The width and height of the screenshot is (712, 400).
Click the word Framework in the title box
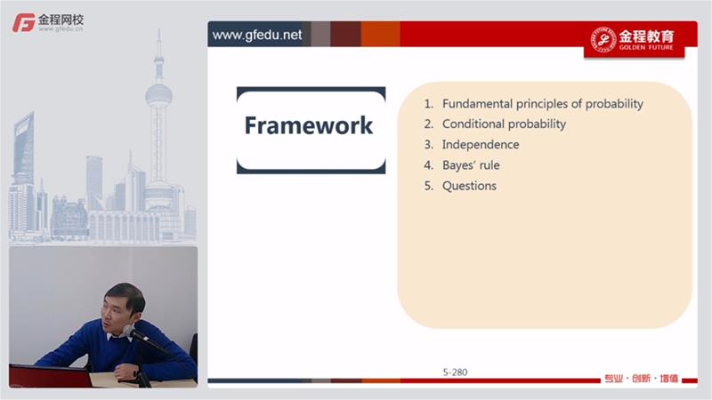point(309,125)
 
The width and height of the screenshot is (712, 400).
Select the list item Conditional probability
point(504,124)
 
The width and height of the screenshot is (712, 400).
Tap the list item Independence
point(481,144)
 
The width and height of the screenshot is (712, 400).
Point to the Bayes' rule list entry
point(471,165)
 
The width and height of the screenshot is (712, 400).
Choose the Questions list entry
point(469,186)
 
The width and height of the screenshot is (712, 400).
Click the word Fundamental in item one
point(477,103)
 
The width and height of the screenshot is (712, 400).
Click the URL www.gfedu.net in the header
point(257,35)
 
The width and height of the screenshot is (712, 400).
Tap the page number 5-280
point(455,372)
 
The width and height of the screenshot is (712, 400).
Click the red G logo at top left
point(24,23)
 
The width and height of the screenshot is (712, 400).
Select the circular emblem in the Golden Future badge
point(603,39)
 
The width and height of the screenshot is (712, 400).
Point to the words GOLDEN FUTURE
point(646,47)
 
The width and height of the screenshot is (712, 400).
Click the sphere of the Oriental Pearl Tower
point(158,96)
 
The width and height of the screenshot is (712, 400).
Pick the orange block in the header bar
point(381,34)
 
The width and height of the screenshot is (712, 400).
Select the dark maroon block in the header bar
point(345,34)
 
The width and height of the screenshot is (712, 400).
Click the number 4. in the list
point(429,165)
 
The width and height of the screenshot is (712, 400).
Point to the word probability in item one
point(614,104)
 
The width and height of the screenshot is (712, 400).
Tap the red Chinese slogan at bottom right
point(641,379)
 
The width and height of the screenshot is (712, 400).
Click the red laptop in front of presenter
point(50,376)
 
